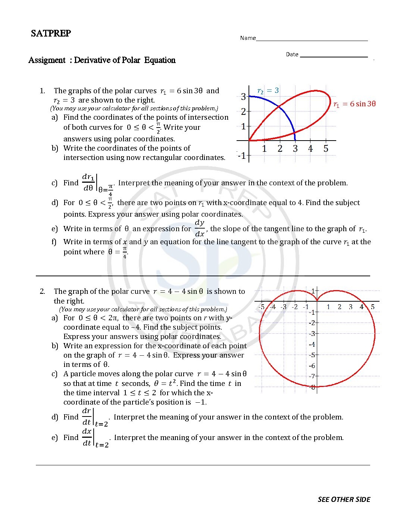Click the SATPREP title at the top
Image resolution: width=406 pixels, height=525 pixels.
point(51,33)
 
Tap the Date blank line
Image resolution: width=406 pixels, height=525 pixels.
point(334,56)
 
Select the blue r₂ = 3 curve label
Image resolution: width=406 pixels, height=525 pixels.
point(268,91)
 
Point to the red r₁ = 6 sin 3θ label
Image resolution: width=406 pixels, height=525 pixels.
point(354,104)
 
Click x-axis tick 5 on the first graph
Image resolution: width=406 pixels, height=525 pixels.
point(326,148)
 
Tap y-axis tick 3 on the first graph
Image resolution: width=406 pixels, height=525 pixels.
point(243,97)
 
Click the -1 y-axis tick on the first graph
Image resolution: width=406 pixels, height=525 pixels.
point(242,155)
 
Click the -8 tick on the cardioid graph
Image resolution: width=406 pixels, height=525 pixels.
point(313,387)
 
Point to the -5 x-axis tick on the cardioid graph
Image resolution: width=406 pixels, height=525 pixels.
point(262,307)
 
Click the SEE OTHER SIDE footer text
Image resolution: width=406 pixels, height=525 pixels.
point(344,499)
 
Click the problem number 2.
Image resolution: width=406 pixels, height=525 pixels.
point(42,291)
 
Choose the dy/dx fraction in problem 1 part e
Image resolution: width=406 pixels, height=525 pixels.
point(200,228)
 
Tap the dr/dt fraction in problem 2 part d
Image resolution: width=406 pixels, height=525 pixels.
point(87,416)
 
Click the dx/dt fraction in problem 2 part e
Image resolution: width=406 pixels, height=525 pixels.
point(87,437)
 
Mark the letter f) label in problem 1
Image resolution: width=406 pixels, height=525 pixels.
point(54,242)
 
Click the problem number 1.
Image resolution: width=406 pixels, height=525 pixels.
point(42,91)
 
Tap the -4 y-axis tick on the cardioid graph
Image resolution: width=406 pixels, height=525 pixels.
point(312,344)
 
